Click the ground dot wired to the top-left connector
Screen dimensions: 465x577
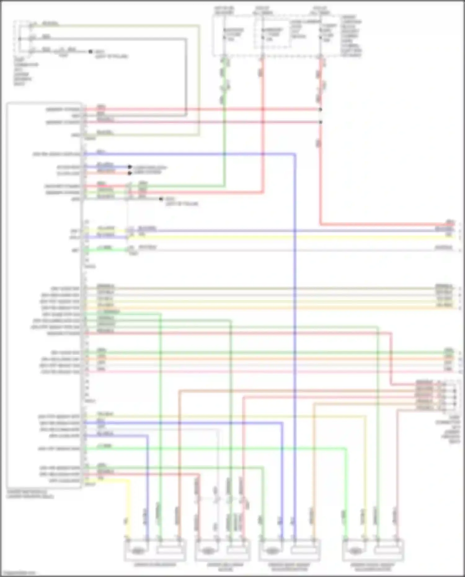(x=91, y=51)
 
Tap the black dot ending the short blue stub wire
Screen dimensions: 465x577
(x=130, y=167)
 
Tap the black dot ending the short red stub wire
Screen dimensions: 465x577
(x=130, y=173)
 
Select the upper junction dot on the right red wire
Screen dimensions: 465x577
(x=321, y=109)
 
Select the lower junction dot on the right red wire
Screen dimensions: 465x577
(x=321, y=122)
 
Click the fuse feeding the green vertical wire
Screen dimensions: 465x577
(x=224, y=34)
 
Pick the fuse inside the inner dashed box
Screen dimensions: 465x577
(x=263, y=34)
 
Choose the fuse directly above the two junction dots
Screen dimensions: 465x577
(x=320, y=34)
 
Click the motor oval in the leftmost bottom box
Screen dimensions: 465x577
(x=137, y=551)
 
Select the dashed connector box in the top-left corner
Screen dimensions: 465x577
(x=24, y=38)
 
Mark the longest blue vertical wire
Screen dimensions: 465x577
(x=295, y=341)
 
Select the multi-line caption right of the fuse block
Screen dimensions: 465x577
(x=351, y=36)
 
